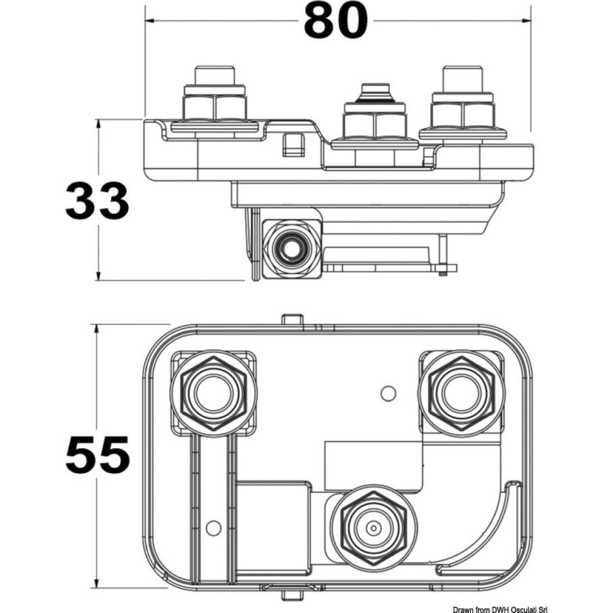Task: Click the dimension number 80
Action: [336, 22]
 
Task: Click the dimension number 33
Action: [97, 201]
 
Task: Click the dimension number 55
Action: [97, 454]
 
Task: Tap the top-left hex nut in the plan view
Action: [212, 393]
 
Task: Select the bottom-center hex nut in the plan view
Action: [373, 527]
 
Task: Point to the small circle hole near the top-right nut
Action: [386, 393]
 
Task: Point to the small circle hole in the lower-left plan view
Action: [213, 527]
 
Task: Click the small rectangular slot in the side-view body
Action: [294, 145]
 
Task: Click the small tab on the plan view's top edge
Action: [292, 320]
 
